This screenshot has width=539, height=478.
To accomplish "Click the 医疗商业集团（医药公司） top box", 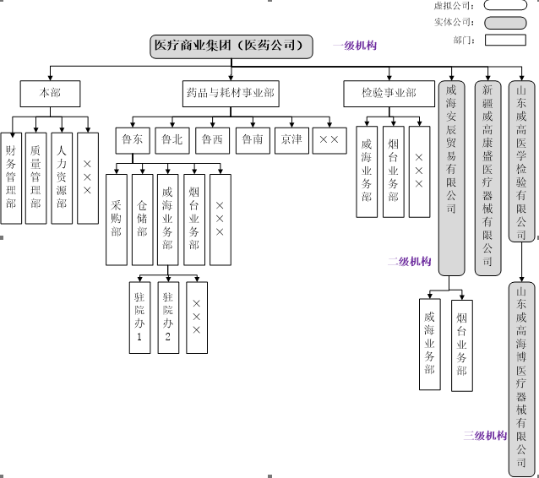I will pyautogui.click(x=231, y=46).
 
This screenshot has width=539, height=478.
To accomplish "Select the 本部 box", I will pyautogui.click(x=52, y=92).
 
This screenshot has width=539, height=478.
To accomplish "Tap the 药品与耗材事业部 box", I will pyautogui.click(x=231, y=92).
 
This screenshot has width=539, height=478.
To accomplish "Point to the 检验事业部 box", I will pyautogui.click(x=389, y=92).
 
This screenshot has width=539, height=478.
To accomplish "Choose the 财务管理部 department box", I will pyautogui.click(x=11, y=177).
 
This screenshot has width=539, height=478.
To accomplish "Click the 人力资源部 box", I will pyautogui.click(x=62, y=177).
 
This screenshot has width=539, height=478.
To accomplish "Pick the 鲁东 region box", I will pyautogui.click(x=133, y=139).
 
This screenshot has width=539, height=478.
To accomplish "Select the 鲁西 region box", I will pyautogui.click(x=212, y=139).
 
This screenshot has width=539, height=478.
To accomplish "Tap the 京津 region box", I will pyautogui.click(x=291, y=139).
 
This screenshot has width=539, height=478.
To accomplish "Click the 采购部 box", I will pyautogui.click(x=117, y=218).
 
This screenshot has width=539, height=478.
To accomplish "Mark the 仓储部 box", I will pyautogui.click(x=143, y=218).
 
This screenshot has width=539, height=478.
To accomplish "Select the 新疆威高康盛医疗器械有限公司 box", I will pyautogui.click(x=487, y=177).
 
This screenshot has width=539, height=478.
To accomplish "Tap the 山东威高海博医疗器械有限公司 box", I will pyautogui.click(x=522, y=379).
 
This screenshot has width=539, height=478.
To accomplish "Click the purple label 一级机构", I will pyautogui.click(x=355, y=46).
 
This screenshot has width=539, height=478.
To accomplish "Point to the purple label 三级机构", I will pyautogui.click(x=485, y=436).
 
